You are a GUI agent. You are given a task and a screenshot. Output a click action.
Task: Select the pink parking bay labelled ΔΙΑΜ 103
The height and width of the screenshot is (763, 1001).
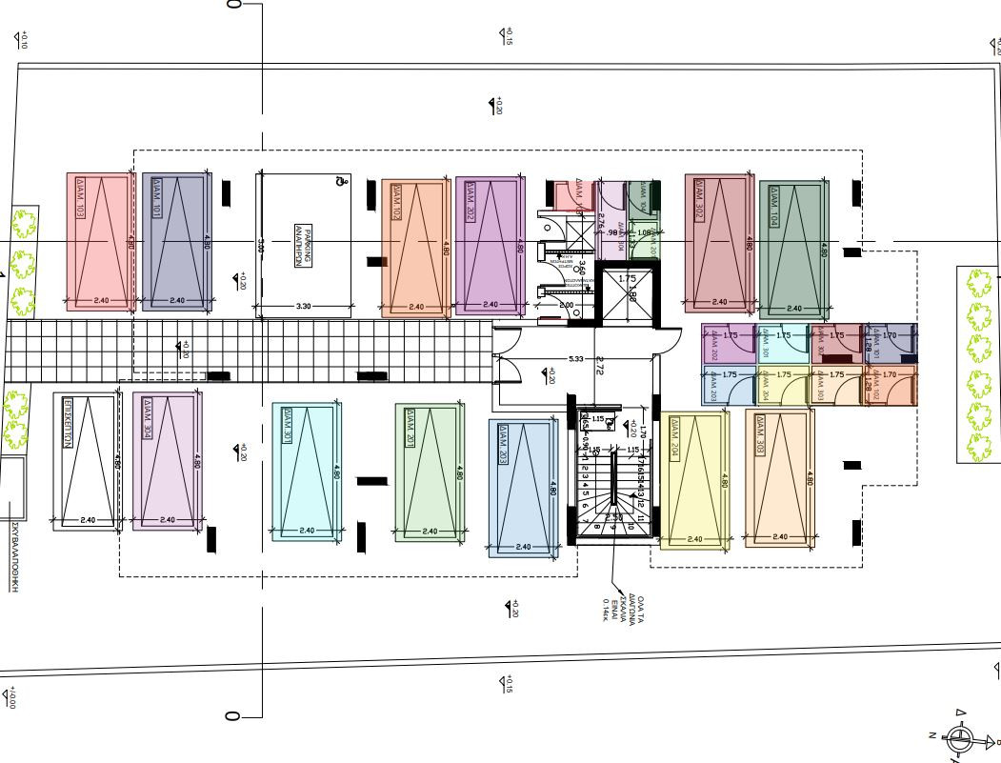[x=99, y=242]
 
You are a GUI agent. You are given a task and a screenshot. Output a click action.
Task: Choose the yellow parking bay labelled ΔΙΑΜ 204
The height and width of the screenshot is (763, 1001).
[x=694, y=481]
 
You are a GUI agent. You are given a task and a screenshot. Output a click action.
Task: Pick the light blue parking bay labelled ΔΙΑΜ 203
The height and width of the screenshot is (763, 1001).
[x=522, y=486]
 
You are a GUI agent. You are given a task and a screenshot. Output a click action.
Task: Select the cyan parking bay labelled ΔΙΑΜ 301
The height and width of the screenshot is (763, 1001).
[x=306, y=472]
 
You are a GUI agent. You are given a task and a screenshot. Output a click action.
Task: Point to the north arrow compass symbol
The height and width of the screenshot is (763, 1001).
[x=959, y=735]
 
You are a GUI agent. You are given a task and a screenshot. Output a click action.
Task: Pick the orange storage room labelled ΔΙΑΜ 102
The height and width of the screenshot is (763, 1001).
[x=891, y=385]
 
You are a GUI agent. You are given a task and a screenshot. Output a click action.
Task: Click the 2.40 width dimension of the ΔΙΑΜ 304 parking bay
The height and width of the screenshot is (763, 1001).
[x=168, y=520]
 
